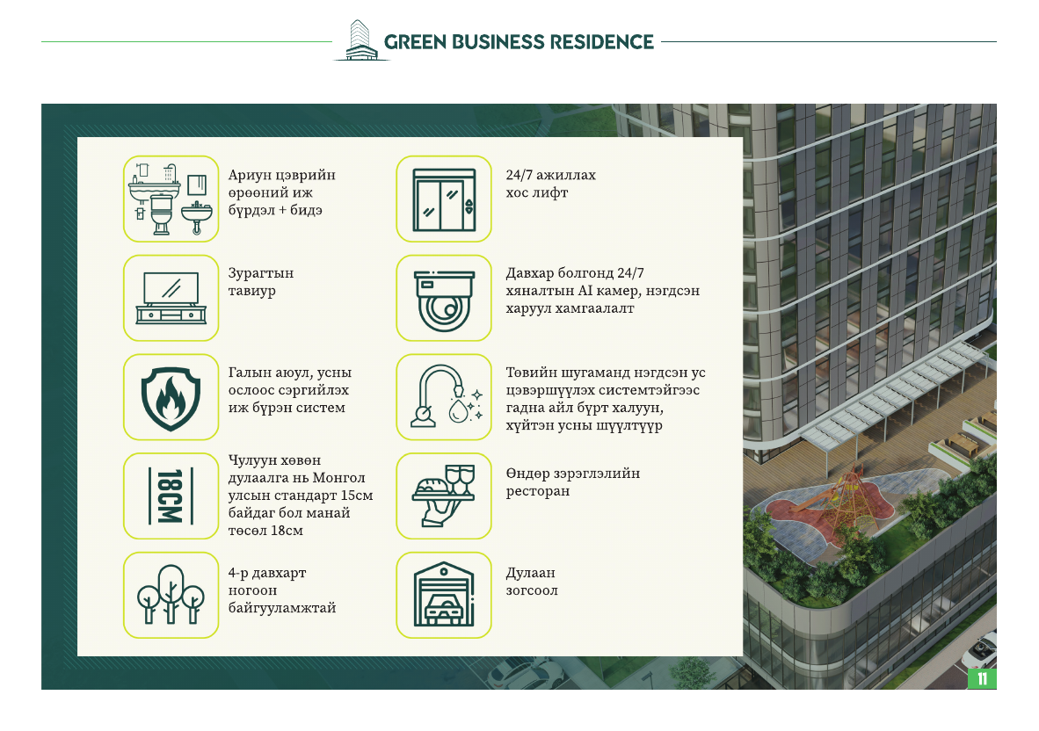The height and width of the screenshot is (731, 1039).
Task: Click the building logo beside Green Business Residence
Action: pos(361,40)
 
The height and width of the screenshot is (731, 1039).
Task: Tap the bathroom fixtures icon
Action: pos(171,199)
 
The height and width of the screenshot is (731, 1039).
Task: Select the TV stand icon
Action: pos(171,298)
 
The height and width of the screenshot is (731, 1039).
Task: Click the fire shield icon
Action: pos(171,398)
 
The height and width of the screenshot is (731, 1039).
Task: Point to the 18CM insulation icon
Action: pos(171,496)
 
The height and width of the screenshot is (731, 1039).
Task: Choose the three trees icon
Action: pos(171,594)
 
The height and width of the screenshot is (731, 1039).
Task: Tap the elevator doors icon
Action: pos(444,199)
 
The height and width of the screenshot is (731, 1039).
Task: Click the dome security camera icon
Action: pos(444,300)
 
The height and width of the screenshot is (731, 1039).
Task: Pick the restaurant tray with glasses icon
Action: pos(444,496)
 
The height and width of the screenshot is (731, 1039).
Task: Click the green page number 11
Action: pos(982,678)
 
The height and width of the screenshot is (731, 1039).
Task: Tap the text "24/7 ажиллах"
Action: pos(550,175)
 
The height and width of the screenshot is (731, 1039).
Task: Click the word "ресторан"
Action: pos(537,491)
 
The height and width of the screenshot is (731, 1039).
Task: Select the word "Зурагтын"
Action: pos(261,273)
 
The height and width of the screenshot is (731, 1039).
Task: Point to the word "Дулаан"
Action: pos(530,573)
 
